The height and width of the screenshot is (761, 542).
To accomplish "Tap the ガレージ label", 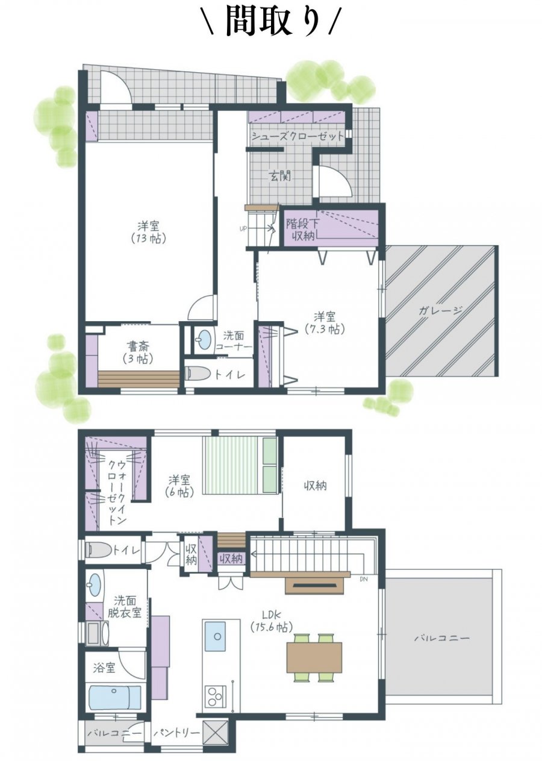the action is (x=441, y=310).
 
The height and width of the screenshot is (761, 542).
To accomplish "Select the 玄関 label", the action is (x=280, y=176).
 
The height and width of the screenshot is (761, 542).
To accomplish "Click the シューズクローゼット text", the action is (x=297, y=136).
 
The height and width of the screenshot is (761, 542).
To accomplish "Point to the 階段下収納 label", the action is (x=300, y=230).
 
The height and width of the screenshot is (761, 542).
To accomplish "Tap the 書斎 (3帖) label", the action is (x=139, y=352).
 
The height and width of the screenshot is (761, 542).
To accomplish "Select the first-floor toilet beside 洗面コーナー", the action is (x=199, y=374).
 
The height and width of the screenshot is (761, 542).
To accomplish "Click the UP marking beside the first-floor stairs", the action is (x=243, y=228).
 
